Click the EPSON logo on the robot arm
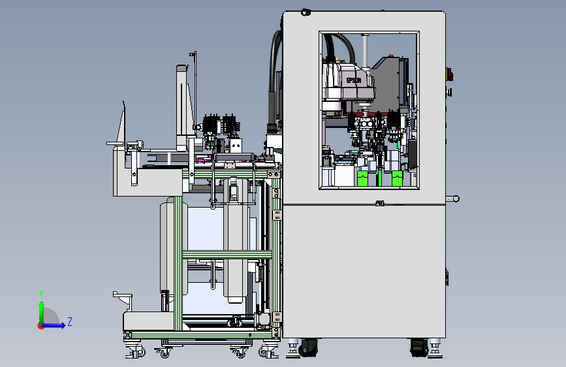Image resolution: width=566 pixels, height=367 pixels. (x=353, y=80)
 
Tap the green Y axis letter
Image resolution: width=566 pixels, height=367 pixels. (x=41, y=293)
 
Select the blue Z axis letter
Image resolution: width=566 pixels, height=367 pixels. (x=70, y=321)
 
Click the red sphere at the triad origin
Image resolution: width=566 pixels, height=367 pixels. (x=40, y=326)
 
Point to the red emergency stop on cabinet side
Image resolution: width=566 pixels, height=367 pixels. (x=449, y=74)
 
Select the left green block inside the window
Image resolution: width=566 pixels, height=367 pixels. (x=363, y=178)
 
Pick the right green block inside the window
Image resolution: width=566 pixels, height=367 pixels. (x=397, y=178)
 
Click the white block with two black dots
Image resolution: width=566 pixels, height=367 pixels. (x=236, y=146)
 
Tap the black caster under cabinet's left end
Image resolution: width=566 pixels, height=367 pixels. (x=308, y=347)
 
